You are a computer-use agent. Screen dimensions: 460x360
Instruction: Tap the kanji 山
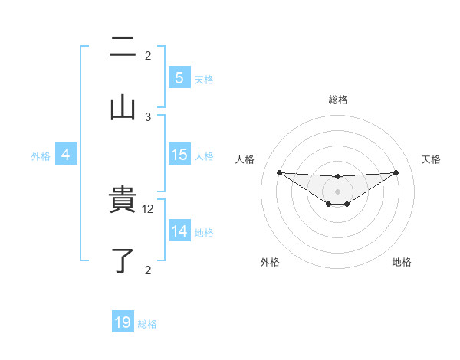point(123,106)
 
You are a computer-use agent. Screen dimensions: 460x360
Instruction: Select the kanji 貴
point(123,201)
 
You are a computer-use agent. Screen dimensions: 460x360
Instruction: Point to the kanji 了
point(123,260)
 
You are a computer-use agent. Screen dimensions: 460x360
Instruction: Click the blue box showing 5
point(179,77)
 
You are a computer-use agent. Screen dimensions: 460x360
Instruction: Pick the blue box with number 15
point(179,155)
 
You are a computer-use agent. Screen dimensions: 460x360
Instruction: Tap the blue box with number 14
point(179,231)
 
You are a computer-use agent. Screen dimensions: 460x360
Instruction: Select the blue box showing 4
point(65,155)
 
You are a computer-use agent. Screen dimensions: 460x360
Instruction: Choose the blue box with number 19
point(123,322)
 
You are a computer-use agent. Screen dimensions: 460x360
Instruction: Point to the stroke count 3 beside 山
point(148,116)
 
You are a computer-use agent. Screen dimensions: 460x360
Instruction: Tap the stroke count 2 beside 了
point(148,269)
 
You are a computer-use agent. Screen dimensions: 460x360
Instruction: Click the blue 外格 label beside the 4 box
point(41,155)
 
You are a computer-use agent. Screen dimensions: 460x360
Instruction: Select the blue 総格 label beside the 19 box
point(147,323)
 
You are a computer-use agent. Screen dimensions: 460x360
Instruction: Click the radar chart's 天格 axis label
point(432,159)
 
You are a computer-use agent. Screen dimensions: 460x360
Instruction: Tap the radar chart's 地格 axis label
point(402,262)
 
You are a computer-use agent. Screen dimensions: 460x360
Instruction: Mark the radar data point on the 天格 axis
point(396,172)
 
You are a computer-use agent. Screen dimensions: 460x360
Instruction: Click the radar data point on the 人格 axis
point(279,172)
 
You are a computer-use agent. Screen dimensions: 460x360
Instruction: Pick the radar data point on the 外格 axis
point(329,204)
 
